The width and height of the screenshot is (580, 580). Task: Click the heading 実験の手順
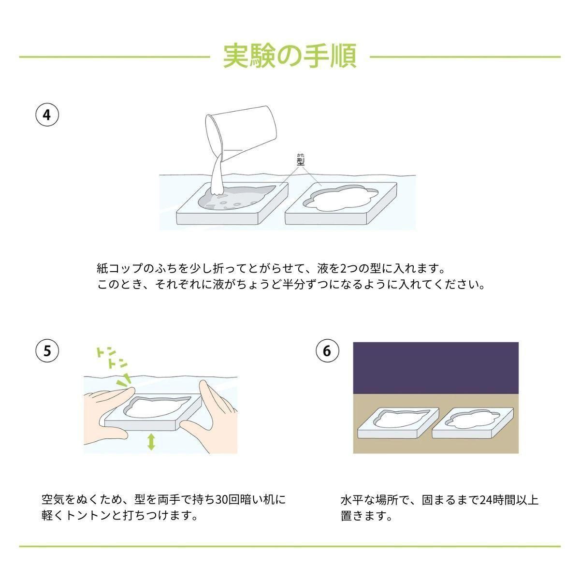pyautogui.click(x=290, y=56)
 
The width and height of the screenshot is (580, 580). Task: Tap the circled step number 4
pyautogui.click(x=47, y=115)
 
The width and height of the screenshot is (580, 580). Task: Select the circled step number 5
pyautogui.click(x=47, y=350)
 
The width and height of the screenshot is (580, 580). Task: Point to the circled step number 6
pyautogui.click(x=327, y=350)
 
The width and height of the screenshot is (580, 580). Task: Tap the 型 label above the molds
pyautogui.click(x=300, y=160)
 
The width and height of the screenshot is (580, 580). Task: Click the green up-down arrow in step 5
pyautogui.click(x=151, y=442)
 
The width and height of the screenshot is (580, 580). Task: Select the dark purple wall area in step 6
pyautogui.click(x=436, y=367)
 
